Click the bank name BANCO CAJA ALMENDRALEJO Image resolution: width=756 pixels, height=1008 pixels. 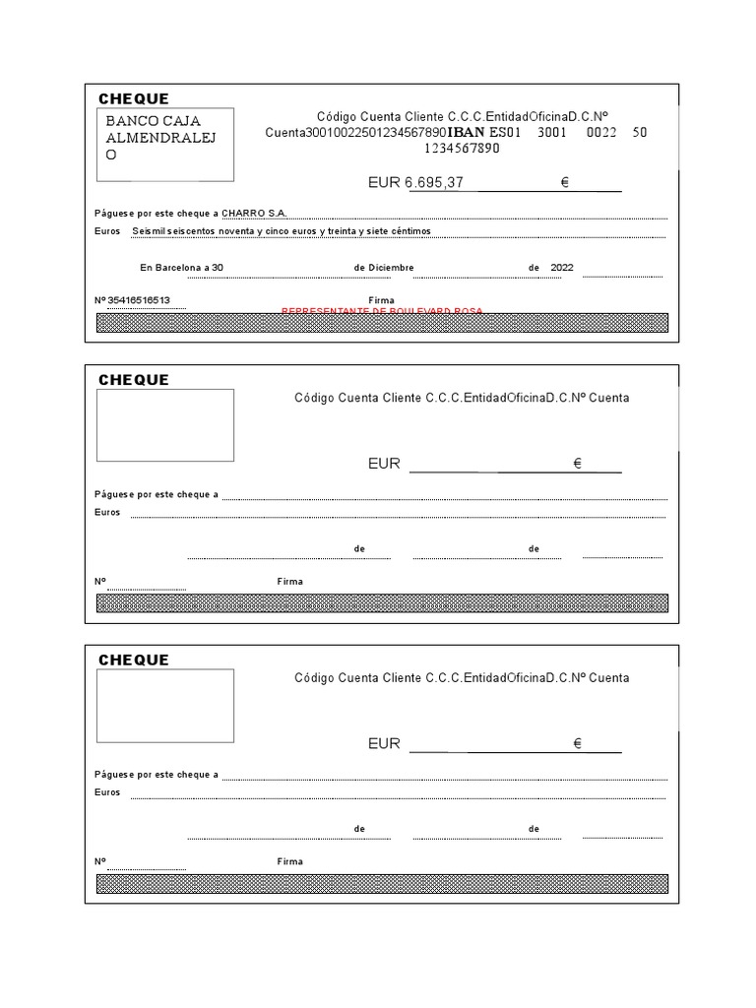click(161, 138)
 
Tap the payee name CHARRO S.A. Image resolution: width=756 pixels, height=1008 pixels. click(254, 213)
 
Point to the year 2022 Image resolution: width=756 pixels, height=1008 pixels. click(562, 268)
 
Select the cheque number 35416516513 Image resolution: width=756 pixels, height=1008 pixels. click(145, 300)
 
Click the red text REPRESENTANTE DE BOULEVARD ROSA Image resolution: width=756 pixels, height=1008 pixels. click(382, 311)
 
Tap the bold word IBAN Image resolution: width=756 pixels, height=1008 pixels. click(467, 132)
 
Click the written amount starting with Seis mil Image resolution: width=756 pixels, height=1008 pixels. click(281, 231)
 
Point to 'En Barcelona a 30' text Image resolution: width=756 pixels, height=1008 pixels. click(182, 268)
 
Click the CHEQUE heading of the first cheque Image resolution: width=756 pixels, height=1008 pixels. click(134, 98)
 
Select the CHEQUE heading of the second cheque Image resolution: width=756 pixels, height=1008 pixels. click(134, 380)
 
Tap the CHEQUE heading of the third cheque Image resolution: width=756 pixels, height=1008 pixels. click(134, 660)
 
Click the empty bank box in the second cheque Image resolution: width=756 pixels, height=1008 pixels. click(165, 425)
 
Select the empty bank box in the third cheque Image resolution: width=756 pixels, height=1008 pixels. click(165, 706)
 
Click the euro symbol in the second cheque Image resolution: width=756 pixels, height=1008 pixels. click(578, 464)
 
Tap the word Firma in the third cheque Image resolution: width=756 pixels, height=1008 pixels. click(290, 861)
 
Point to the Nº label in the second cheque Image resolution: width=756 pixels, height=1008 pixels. click(99, 581)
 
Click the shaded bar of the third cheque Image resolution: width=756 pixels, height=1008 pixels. click(382, 883)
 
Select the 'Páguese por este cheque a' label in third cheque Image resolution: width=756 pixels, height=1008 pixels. click(157, 775)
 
